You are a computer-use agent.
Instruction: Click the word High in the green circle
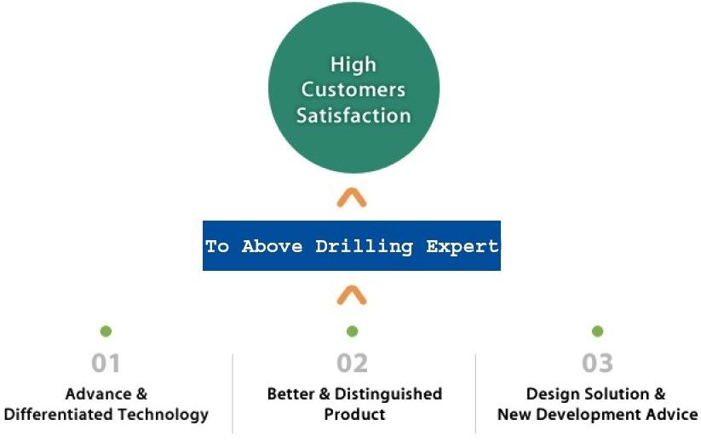pos(353,65)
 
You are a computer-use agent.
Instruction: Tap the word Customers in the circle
pos(353,89)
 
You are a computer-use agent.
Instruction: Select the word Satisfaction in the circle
pos(353,115)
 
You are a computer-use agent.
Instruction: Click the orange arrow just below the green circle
pos(352,198)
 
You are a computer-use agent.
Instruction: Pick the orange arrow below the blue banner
pos(352,296)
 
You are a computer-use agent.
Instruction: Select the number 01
pos(106,364)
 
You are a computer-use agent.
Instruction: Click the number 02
pos(352,364)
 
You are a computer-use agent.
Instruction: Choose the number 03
pos(597,364)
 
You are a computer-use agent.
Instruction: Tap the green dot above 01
pos(106,331)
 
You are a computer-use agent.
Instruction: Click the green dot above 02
pos(352,331)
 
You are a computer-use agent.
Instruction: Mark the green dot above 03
pos(597,331)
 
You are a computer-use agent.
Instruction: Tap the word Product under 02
pos(354,415)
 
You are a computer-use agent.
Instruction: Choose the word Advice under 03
pos(670,415)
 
